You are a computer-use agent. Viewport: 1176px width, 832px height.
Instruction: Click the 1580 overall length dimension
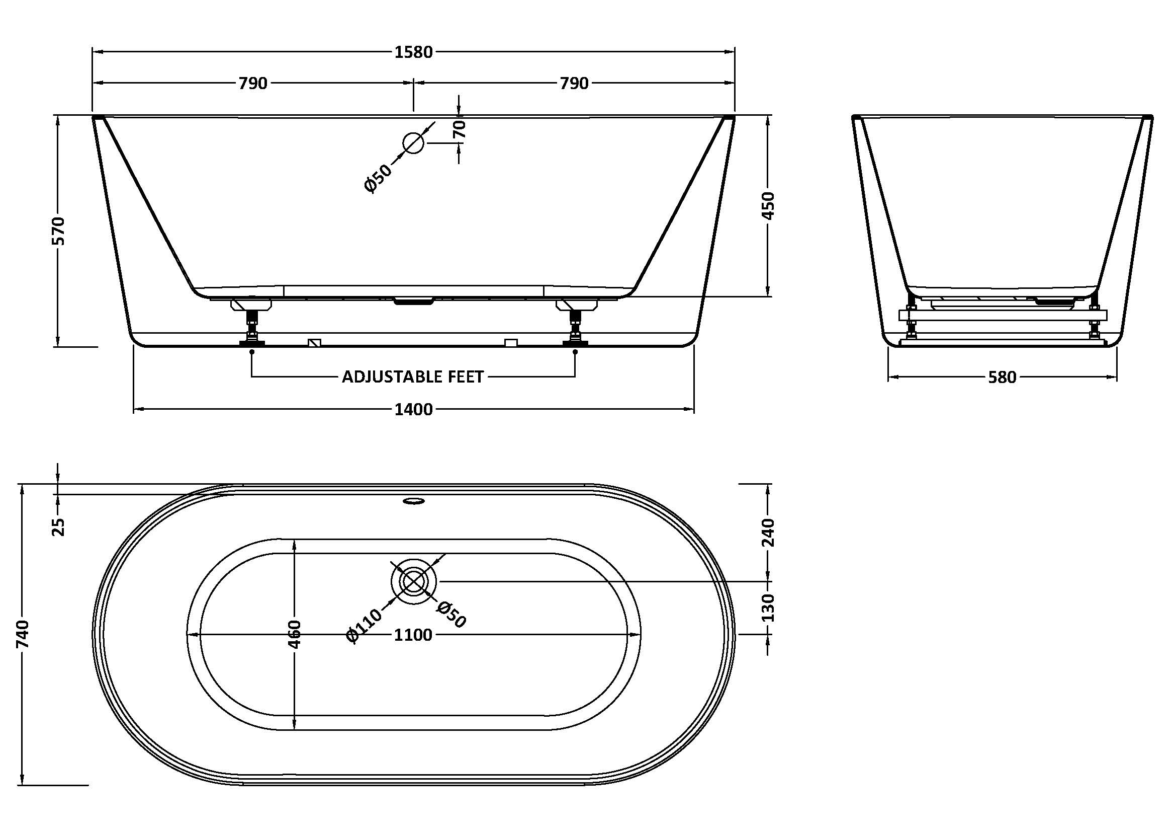tap(413, 52)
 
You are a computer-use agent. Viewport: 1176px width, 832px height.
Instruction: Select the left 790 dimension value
tap(253, 83)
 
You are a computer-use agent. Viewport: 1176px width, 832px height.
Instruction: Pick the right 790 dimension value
tap(574, 83)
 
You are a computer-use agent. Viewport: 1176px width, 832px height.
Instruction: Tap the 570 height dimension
tap(59, 231)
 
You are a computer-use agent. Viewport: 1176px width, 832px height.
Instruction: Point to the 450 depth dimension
tap(768, 205)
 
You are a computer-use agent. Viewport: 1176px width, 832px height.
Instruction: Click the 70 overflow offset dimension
tap(460, 129)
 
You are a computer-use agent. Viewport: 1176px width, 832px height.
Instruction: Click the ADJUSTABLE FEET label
tap(413, 377)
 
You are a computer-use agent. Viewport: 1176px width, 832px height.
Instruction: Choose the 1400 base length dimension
tap(413, 409)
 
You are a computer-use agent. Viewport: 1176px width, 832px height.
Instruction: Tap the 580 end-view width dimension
tap(1002, 378)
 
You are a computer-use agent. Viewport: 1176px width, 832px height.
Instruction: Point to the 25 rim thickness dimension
tap(59, 526)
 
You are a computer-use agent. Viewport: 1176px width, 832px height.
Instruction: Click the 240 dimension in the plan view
tap(768, 532)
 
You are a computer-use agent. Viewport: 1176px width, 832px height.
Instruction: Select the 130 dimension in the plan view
tap(768, 608)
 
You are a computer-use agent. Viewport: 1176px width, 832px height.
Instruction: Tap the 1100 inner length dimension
tap(413, 635)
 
